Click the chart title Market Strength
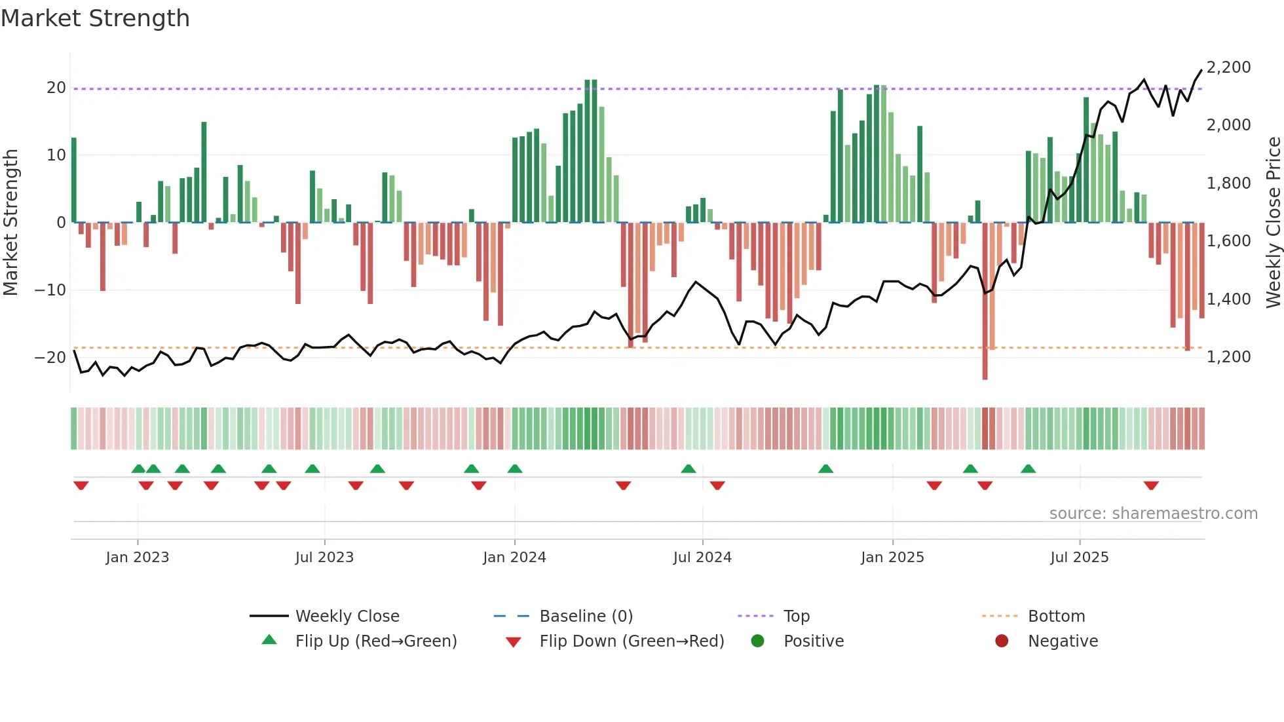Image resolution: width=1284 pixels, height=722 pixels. click(x=95, y=18)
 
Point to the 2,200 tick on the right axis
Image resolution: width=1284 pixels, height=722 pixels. click(x=1228, y=67)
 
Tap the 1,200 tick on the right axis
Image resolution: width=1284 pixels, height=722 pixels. click(x=1228, y=357)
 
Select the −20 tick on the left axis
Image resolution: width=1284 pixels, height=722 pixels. click(x=50, y=358)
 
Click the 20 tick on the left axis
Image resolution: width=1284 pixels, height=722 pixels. click(x=56, y=88)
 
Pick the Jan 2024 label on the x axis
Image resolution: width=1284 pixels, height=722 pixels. click(x=514, y=558)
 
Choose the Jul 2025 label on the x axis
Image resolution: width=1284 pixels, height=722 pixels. click(x=1079, y=558)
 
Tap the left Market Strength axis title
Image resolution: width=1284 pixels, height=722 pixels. click(x=10, y=223)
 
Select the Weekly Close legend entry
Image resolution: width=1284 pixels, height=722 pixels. click(x=347, y=617)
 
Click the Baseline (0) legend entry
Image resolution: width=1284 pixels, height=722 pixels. click(x=586, y=617)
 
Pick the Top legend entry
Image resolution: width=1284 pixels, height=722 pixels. click(x=797, y=617)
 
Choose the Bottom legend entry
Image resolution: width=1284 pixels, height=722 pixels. click(x=1056, y=617)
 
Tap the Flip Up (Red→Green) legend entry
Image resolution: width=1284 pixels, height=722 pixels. click(x=375, y=641)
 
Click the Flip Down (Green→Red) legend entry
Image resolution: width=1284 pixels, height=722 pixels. click(x=632, y=641)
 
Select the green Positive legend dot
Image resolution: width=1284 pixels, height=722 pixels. click(x=758, y=641)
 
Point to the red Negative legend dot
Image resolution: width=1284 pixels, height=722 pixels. click(x=1002, y=641)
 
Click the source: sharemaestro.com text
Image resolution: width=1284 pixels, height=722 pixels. click(x=1153, y=514)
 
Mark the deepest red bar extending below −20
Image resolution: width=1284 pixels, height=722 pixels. click(x=985, y=301)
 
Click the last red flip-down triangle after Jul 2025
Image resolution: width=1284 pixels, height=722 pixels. click(x=1151, y=485)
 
